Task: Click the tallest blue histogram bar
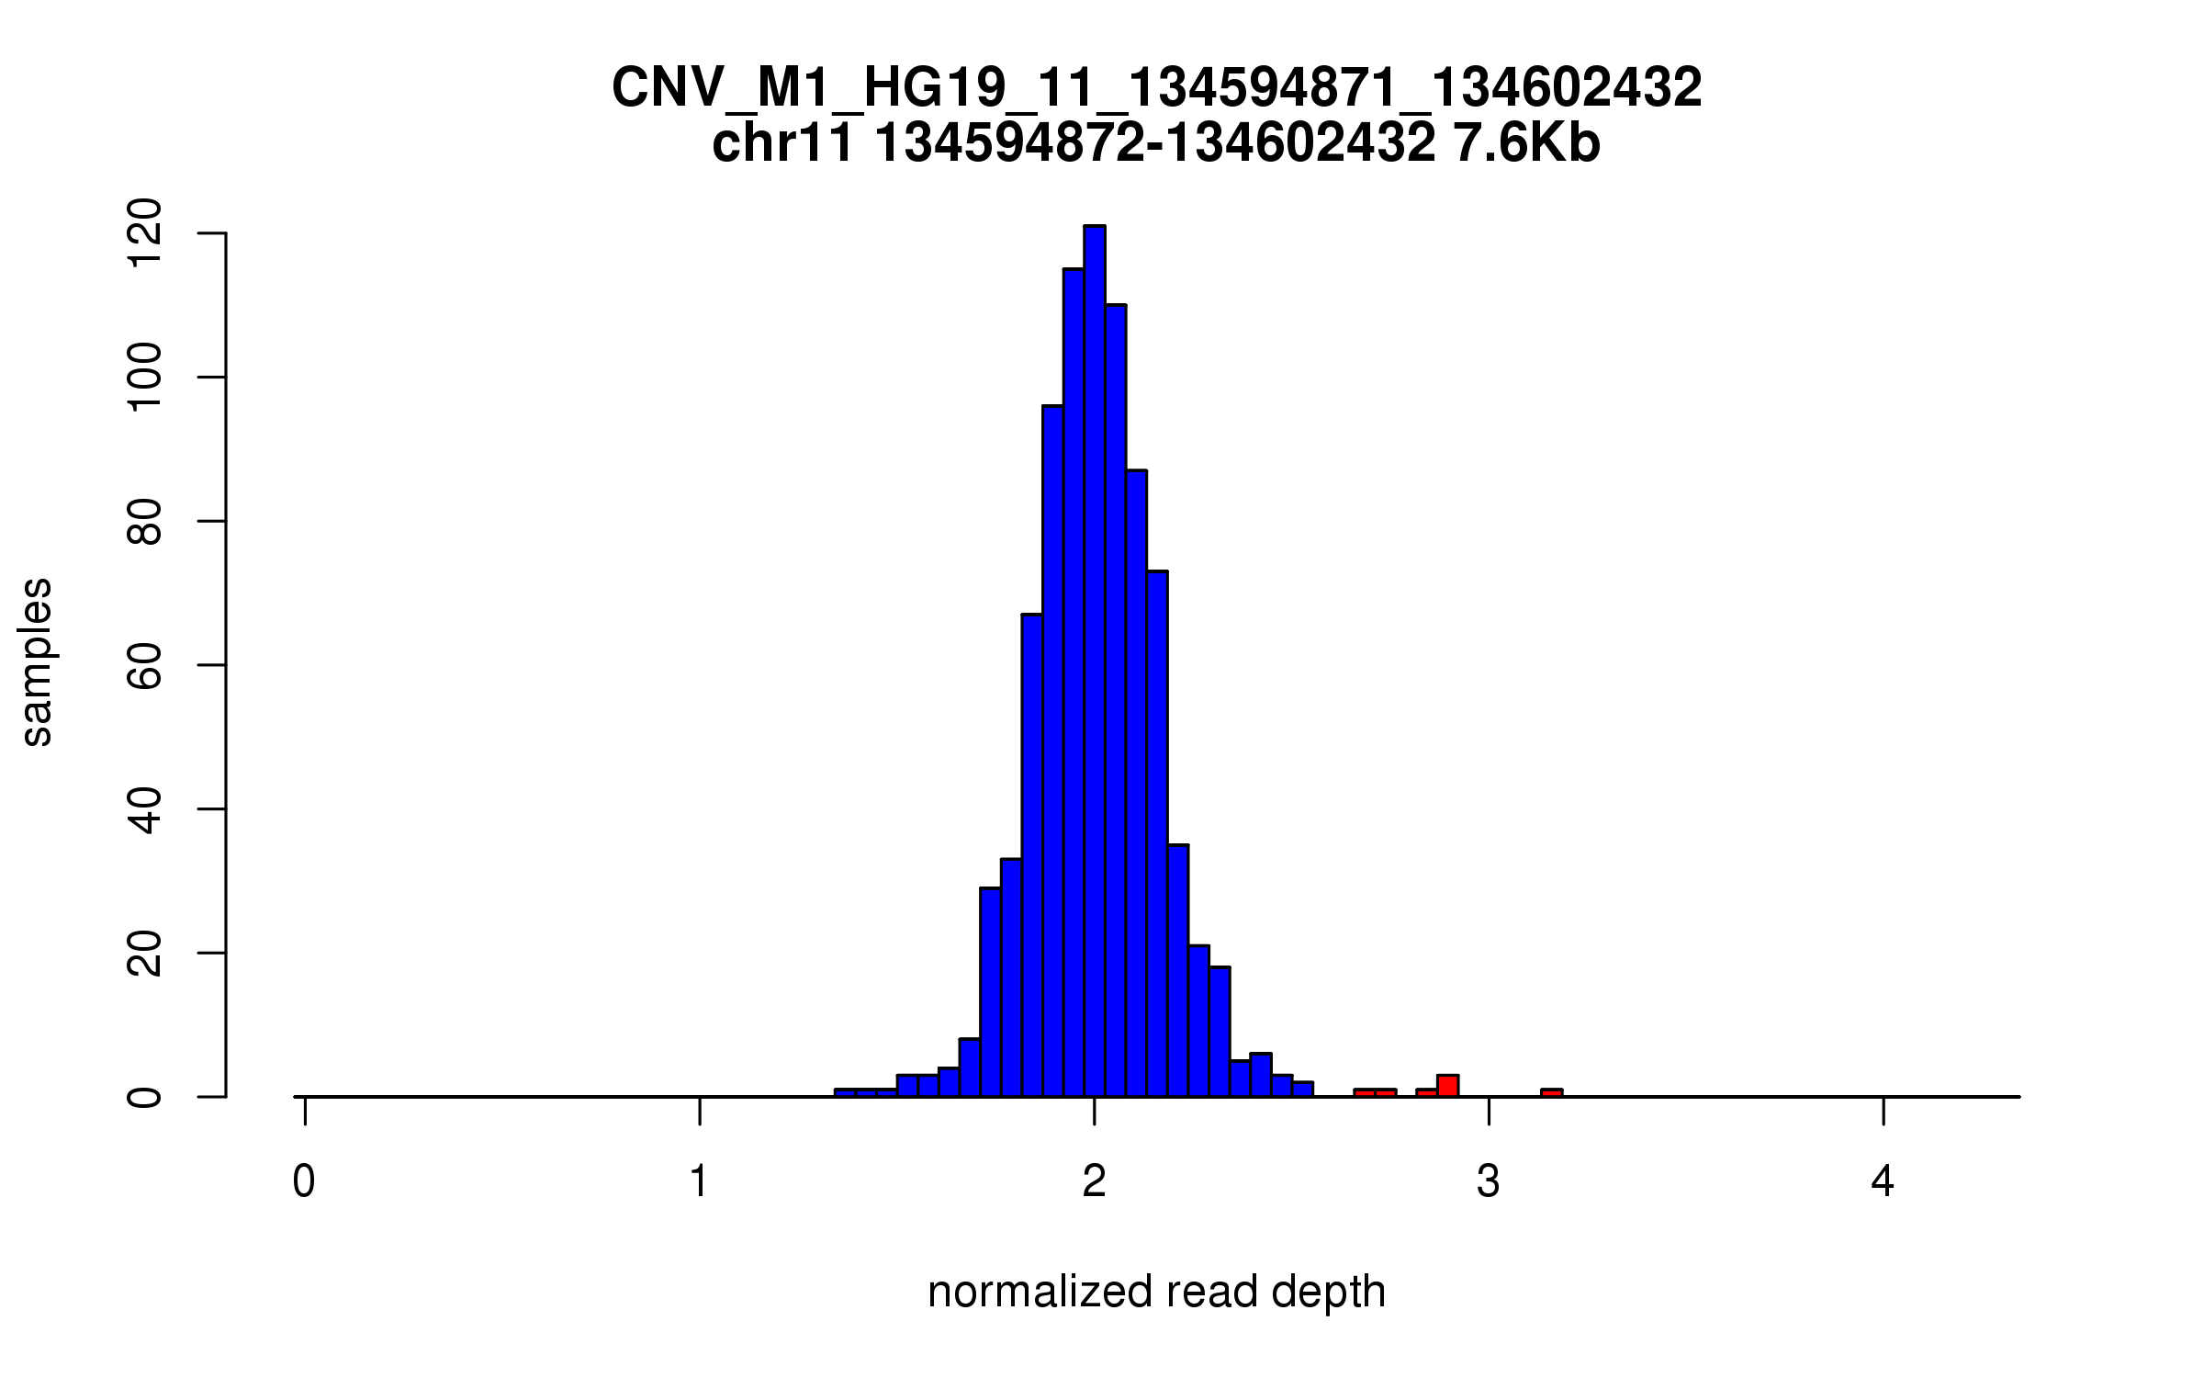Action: coord(1094,661)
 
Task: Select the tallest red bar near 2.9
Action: coord(1448,1086)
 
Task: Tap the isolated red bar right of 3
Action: coord(1551,1092)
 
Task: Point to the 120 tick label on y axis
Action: coord(145,234)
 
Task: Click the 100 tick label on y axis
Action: coord(145,378)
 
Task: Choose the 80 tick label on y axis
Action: coord(145,521)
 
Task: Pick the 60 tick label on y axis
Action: coord(145,665)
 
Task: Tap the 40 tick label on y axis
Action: coord(145,808)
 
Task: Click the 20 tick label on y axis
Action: coord(145,953)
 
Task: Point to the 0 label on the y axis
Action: coord(145,1096)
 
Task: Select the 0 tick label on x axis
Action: coord(304,1182)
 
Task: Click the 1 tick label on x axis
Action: coord(699,1182)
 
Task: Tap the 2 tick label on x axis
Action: coord(1094,1182)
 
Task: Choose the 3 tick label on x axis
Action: coord(1489,1182)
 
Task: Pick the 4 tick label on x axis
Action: coord(1883,1182)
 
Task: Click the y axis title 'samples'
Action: coord(37,662)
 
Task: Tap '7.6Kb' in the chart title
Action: coord(1526,144)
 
